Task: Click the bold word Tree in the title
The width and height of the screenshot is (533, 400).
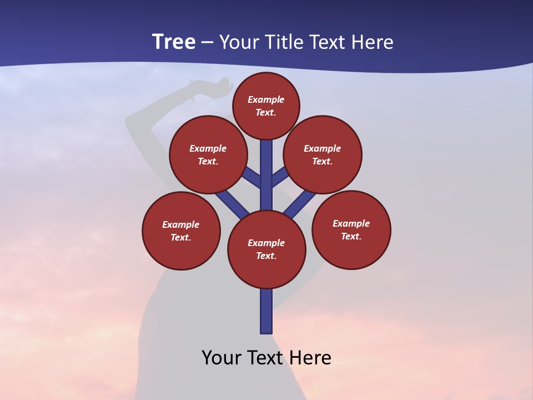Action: (x=174, y=42)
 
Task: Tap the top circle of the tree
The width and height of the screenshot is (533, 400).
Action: (x=266, y=106)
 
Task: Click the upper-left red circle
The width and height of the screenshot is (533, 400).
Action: (x=208, y=155)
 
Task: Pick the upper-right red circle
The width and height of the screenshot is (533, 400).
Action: (x=323, y=155)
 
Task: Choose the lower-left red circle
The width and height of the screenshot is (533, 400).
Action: (x=181, y=231)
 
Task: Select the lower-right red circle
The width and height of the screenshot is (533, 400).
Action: (x=351, y=230)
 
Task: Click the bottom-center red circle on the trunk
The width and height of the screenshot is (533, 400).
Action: (x=266, y=249)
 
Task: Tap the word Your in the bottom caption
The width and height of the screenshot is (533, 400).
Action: (x=222, y=358)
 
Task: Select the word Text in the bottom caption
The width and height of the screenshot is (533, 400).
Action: (x=266, y=358)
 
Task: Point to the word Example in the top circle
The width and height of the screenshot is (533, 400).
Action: (x=266, y=100)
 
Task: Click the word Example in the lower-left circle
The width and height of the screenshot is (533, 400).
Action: (x=181, y=225)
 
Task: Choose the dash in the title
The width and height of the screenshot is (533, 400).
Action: (x=207, y=42)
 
